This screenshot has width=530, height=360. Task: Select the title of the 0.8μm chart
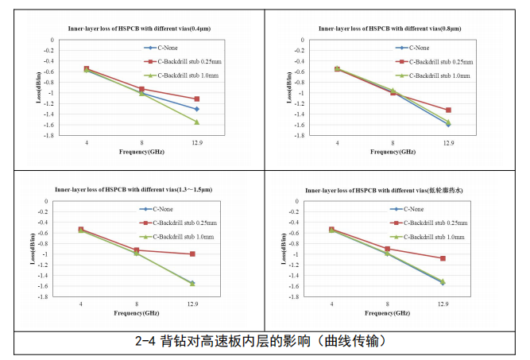[x=389, y=29]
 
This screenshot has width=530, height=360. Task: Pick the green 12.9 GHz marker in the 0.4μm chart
[x=196, y=122]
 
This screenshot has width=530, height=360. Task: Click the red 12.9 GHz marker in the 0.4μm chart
[x=196, y=99]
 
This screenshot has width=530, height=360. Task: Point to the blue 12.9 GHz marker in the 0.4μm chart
[x=196, y=109]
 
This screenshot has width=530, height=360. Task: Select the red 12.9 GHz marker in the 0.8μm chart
[x=448, y=110]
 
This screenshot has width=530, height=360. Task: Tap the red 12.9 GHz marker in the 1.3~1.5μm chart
[x=192, y=254]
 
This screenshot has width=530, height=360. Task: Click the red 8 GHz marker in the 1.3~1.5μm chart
[x=137, y=250]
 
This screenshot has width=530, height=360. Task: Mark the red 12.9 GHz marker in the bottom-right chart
[x=443, y=258]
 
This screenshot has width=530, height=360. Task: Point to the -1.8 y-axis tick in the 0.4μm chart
[x=45, y=135]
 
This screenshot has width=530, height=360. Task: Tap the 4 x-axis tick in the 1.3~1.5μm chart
[x=81, y=304]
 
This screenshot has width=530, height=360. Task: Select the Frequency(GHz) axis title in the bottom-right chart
[x=386, y=313]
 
